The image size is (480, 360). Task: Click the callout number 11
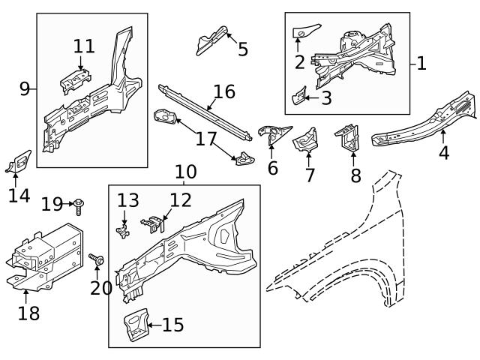point(84,46)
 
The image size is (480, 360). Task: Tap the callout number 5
point(242,49)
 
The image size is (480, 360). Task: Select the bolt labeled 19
point(78,203)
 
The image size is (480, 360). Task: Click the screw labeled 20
point(96,260)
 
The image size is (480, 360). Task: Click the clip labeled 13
point(122,227)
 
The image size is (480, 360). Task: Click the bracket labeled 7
point(306,139)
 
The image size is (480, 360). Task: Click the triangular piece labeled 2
point(307,29)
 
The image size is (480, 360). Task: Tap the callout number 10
point(185,172)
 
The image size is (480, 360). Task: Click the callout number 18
point(28,312)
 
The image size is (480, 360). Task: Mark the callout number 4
point(444,153)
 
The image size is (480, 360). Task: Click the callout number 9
point(25,89)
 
